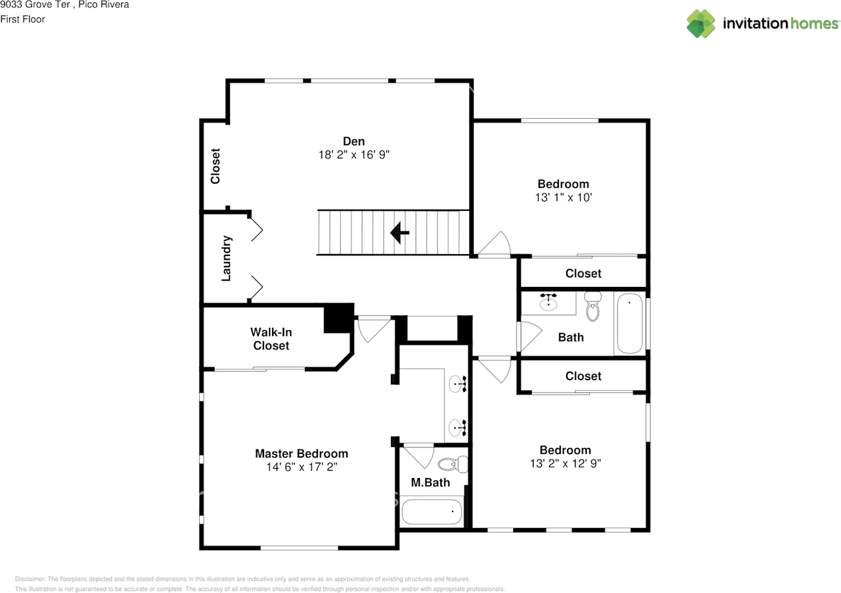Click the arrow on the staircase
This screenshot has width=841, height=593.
(399, 232)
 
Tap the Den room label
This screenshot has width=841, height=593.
(353, 141)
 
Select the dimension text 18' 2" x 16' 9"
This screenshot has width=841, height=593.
(353, 155)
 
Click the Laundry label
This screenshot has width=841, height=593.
(226, 259)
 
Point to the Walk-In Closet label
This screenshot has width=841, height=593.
(271, 339)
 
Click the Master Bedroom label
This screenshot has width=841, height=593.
(302, 454)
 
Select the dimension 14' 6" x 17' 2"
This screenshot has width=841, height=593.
(302, 467)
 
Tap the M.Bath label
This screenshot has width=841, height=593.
(430, 483)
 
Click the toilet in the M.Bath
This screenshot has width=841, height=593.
(451, 465)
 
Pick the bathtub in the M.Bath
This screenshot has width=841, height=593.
(431, 511)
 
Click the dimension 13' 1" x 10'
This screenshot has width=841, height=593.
(563, 197)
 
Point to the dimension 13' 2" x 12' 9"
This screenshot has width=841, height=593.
(565, 463)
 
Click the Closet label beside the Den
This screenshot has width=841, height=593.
(215, 165)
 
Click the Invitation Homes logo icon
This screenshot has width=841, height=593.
(701, 24)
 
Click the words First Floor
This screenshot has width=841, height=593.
(23, 19)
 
